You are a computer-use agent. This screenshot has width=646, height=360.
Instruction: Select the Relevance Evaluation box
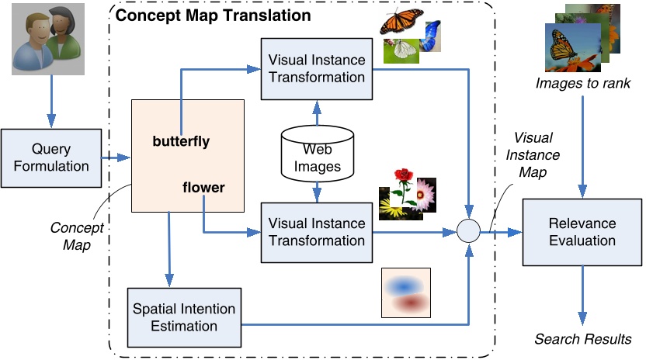(x=582, y=231)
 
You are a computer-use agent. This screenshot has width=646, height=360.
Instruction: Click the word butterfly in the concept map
(x=182, y=142)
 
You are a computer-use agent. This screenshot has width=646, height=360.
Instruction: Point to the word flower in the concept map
(x=203, y=187)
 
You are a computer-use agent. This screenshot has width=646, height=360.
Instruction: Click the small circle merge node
(x=468, y=231)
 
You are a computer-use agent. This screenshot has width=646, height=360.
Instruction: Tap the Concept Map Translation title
(x=214, y=15)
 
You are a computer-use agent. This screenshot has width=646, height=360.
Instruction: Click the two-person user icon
(x=50, y=43)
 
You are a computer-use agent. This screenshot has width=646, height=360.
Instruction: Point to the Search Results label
(x=582, y=339)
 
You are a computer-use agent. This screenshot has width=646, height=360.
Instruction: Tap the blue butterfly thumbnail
(x=429, y=34)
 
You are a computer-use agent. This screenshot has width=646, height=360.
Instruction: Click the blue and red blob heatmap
(x=405, y=294)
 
